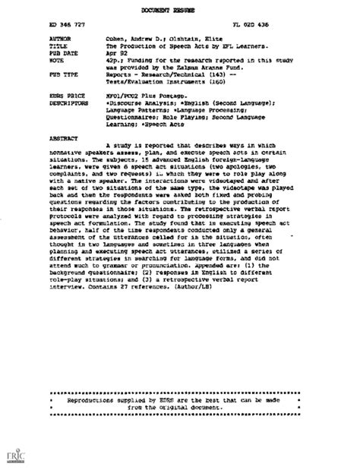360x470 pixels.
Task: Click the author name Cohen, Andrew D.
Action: (136, 36)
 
